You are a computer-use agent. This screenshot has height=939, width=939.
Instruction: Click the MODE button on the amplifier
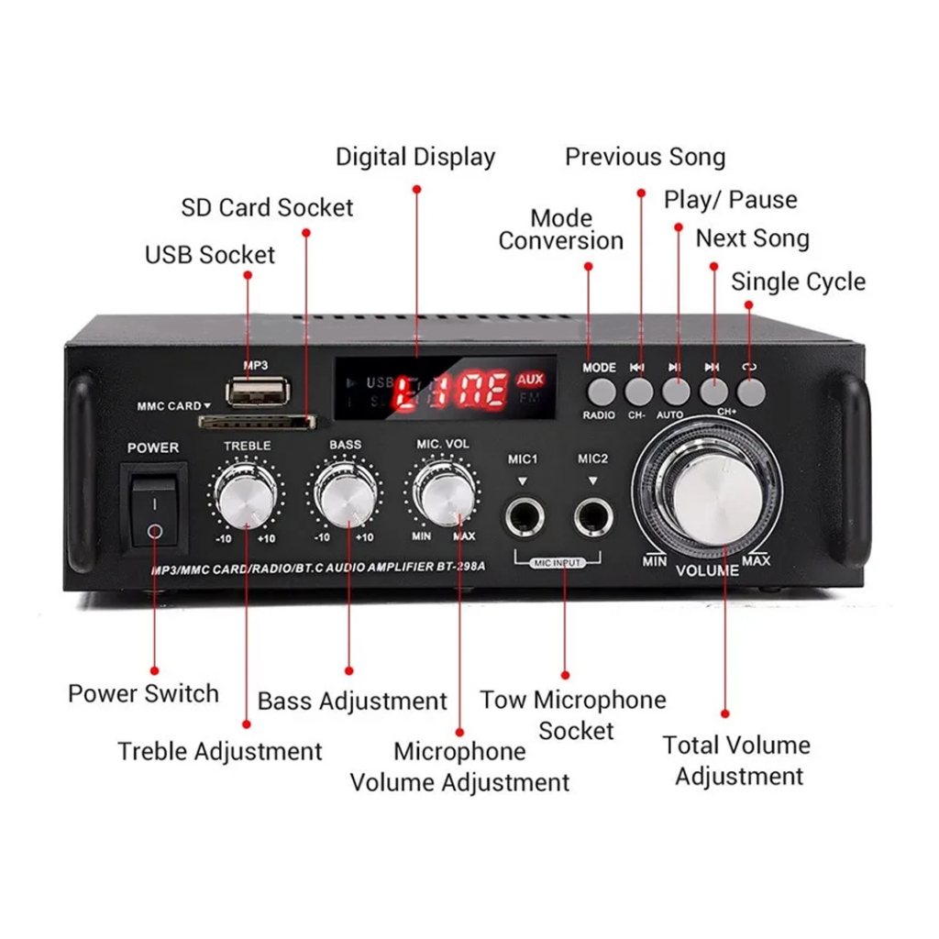coord(600,392)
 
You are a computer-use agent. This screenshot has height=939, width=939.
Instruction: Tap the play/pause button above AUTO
coord(675,392)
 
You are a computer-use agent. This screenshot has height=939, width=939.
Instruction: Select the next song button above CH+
coord(713,392)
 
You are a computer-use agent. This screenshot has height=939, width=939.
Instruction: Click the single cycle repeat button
coord(750,392)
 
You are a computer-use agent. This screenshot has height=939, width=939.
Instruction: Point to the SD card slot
coord(258,422)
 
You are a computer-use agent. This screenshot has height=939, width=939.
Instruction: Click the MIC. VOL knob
coord(443,496)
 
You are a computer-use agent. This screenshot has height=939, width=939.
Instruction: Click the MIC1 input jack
coord(525,518)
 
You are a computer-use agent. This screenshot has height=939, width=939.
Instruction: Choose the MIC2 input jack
coord(594,518)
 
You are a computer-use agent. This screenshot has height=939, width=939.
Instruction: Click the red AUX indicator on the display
coord(530,379)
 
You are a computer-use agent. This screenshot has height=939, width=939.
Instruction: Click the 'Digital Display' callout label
coord(415,157)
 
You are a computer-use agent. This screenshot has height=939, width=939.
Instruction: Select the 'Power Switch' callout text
coord(144,693)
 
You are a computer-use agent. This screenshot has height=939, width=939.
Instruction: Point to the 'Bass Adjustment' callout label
coord(352,701)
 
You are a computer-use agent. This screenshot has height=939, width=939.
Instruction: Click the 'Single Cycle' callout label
coord(798,282)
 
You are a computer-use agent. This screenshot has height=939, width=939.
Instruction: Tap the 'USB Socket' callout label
coord(210,254)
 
